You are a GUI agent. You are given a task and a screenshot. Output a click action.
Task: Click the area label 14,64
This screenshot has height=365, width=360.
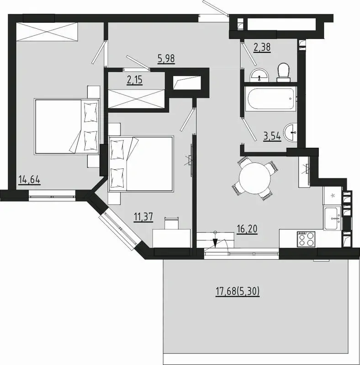[30, 180]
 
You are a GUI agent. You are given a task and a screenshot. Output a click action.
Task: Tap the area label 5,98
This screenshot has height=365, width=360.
[166, 58]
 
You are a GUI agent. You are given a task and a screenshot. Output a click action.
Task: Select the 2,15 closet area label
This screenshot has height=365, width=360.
[134, 80]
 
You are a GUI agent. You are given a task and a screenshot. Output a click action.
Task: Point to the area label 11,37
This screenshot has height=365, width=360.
[143, 217]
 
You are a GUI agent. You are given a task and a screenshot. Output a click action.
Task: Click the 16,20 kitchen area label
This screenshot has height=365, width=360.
[247, 229]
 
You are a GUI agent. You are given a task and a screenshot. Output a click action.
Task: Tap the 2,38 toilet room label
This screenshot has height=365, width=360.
[262, 47]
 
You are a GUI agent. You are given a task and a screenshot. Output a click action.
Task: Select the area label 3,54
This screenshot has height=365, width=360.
[272, 136]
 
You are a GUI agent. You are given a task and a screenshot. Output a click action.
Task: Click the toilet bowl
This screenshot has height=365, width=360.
[283, 72]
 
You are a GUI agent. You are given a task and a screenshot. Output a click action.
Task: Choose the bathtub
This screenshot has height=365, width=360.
[271, 99]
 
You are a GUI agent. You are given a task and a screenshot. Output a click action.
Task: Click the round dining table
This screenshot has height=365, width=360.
[255, 178]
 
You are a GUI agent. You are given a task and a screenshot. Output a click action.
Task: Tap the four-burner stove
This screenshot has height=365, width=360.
[306, 239]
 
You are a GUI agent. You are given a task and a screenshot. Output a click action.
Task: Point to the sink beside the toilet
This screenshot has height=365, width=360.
[259, 75]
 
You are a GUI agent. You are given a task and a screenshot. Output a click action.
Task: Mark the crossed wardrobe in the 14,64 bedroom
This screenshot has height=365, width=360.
[47, 31]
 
